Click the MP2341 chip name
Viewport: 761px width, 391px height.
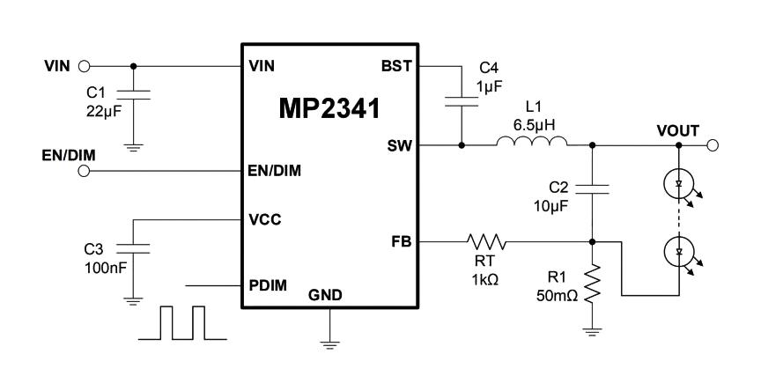pos(329,110)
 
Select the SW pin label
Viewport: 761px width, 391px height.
pos(398,146)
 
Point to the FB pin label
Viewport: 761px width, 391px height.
pos(399,240)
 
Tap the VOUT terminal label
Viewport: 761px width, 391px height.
pos(677,130)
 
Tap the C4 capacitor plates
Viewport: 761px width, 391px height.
pos(462,101)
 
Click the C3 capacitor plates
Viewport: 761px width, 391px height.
pos(133,250)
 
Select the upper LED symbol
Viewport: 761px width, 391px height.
pos(679,183)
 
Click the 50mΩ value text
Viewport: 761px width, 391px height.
pos(558,296)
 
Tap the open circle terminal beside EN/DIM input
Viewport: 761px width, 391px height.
pos(85,171)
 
